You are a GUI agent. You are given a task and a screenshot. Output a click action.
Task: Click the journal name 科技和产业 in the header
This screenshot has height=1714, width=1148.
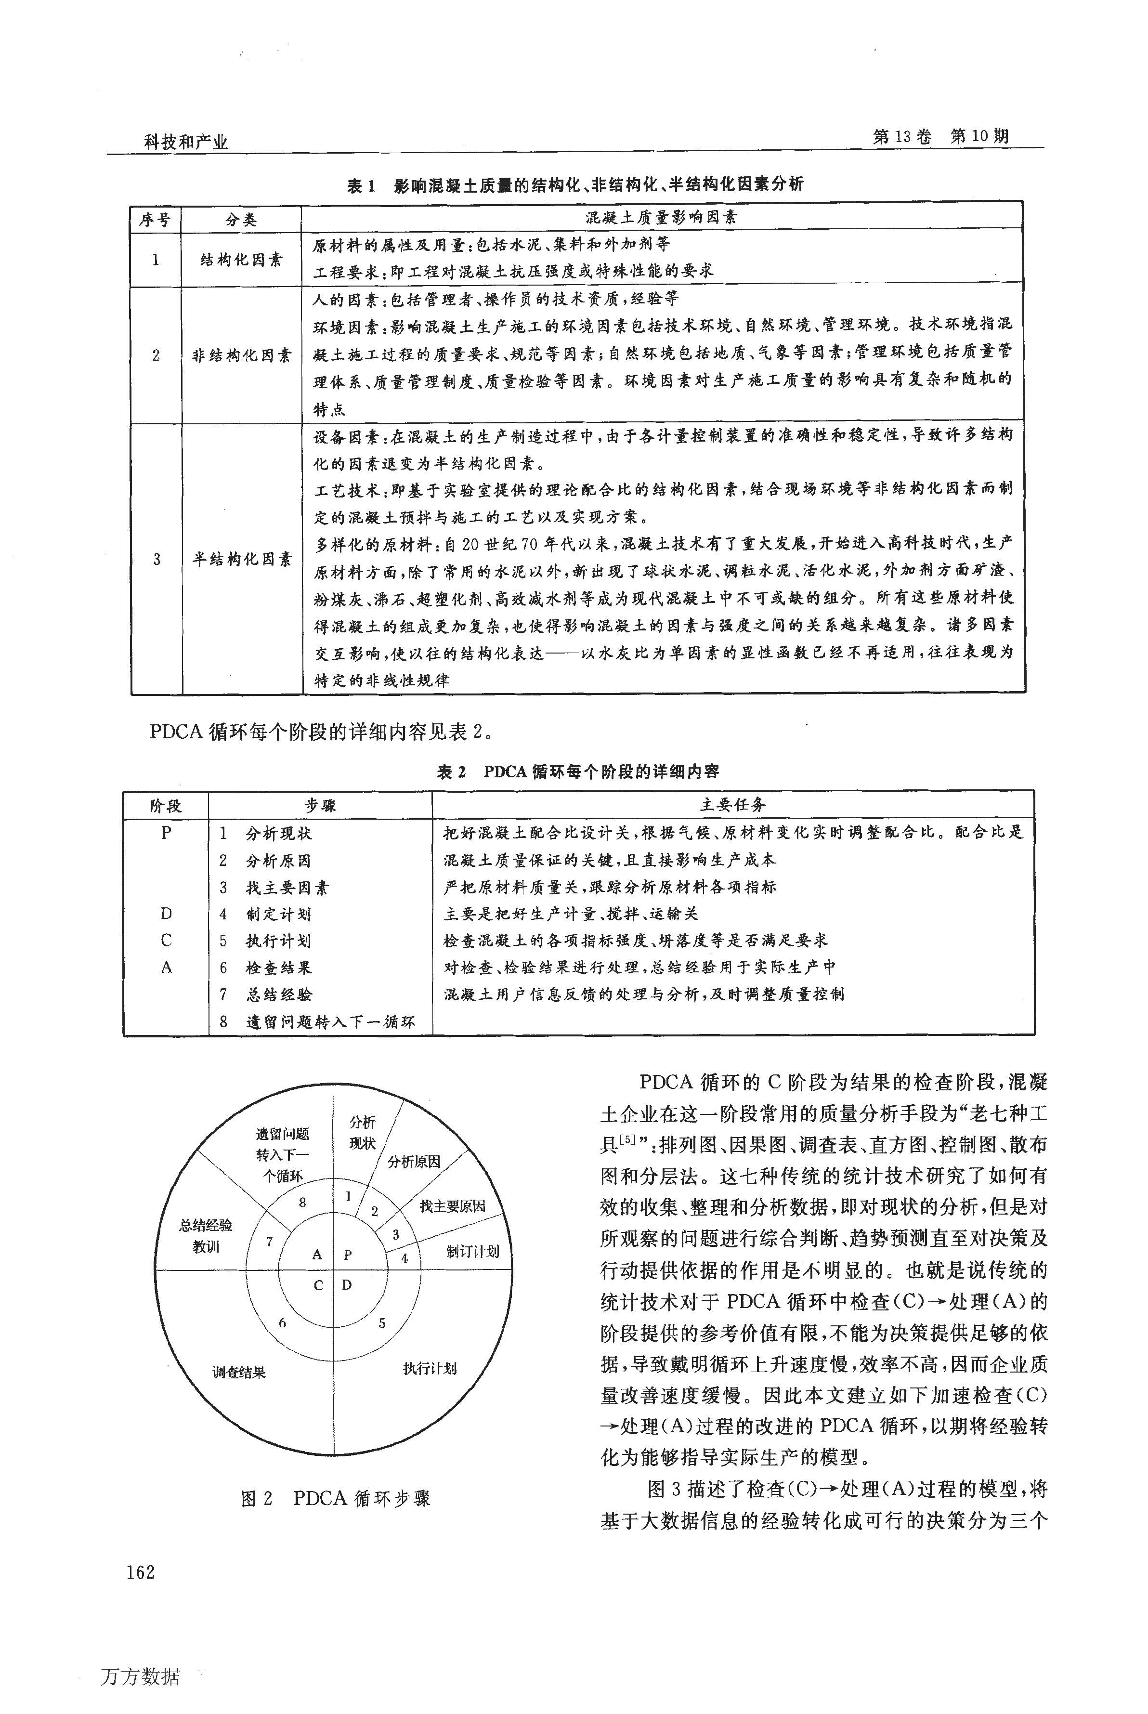click(x=185, y=141)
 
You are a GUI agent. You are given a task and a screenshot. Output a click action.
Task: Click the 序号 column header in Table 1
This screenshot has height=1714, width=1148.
click(x=155, y=220)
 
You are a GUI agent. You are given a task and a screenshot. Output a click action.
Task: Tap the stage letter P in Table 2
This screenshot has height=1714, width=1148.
click(x=166, y=833)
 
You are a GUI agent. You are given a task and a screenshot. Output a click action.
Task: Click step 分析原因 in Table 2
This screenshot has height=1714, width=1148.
click(x=278, y=860)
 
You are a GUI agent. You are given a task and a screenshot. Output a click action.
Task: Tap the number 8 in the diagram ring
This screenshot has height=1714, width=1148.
click(x=302, y=1202)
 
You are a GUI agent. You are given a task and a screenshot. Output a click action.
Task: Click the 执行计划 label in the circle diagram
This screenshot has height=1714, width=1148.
click(x=430, y=1368)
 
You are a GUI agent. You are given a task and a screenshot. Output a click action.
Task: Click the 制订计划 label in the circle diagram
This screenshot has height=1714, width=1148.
click(x=473, y=1251)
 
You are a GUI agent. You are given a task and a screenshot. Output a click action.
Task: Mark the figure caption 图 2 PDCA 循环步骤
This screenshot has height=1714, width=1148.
click(x=335, y=1498)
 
